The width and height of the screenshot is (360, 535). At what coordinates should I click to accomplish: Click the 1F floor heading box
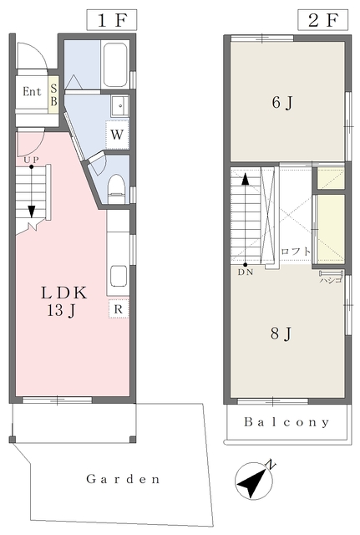click(x=111, y=20)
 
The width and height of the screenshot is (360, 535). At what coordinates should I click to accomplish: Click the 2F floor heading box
click(x=322, y=20)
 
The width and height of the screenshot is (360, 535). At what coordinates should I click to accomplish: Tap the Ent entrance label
click(x=32, y=91)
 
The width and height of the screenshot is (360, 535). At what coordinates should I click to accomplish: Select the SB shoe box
click(x=53, y=94)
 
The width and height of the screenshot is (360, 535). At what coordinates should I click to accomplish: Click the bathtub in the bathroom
click(x=115, y=64)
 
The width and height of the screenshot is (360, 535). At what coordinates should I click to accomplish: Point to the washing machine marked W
click(x=117, y=135)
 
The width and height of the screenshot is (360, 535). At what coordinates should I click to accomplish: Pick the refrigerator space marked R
click(x=119, y=308)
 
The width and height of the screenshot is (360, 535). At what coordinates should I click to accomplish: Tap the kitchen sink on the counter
click(x=119, y=276)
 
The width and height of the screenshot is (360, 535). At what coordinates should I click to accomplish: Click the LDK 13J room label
click(x=63, y=301)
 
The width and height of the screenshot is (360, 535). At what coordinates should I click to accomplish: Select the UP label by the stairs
click(x=31, y=160)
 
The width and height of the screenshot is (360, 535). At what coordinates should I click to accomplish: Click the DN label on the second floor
click(x=246, y=273)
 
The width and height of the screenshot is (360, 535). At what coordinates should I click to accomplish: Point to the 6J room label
click(x=282, y=102)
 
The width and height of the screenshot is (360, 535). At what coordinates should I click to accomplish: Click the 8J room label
click(x=281, y=334)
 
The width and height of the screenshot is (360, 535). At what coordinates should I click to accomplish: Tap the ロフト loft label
click(x=295, y=252)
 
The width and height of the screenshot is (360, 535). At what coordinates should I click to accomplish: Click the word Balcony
click(x=287, y=422)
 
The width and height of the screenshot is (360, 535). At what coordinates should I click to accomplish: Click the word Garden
click(x=123, y=479)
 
